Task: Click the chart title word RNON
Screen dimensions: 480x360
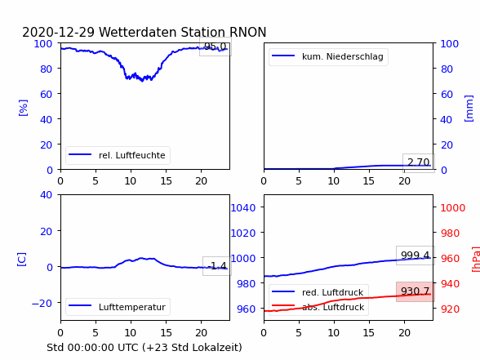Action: pyautogui.click(x=247, y=32)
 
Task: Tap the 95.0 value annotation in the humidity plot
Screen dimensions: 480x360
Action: pyautogui.click(x=216, y=47)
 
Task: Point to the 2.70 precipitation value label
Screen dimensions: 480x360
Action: pyautogui.click(x=419, y=162)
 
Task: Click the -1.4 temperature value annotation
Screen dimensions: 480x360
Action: pyautogui.click(x=217, y=266)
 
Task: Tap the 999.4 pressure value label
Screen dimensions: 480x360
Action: pyautogui.click(x=415, y=256)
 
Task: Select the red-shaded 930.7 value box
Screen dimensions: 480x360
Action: pyautogui.click(x=415, y=291)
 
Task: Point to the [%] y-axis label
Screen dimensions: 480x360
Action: pyautogui.click(x=23, y=108)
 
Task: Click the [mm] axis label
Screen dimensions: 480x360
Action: pyautogui.click(x=469, y=109)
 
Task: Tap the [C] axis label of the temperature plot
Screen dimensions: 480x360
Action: pyautogui.click(x=21, y=260)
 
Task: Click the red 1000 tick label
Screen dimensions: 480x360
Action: pyautogui.click(x=453, y=208)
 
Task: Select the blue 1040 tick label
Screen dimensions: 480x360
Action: pyautogui.click(x=243, y=208)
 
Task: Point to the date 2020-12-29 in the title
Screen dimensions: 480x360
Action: pyautogui.click(x=58, y=32)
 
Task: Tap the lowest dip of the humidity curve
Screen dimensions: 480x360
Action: pyautogui.click(x=142, y=81)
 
